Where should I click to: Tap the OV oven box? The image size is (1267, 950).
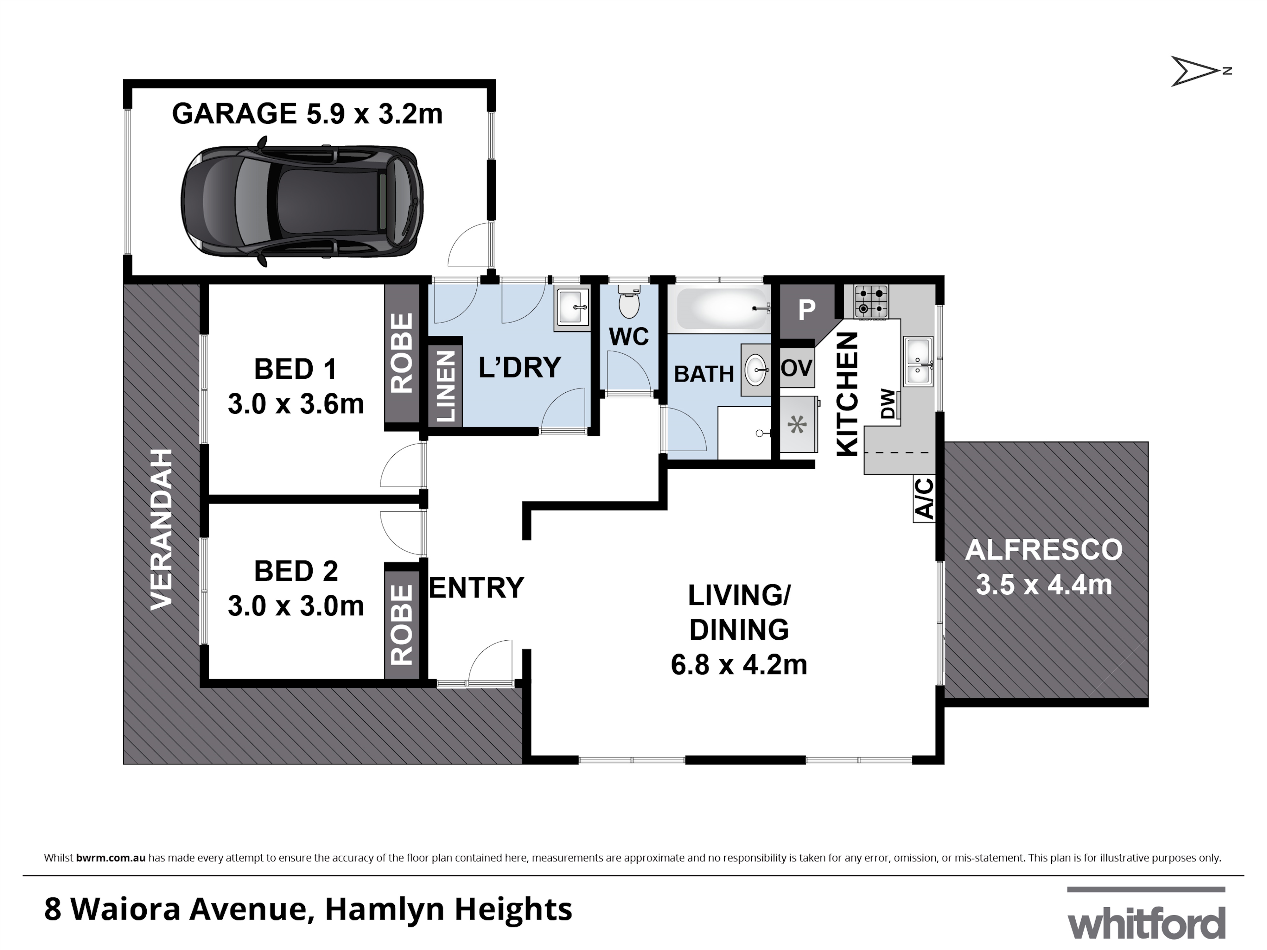click(797, 368)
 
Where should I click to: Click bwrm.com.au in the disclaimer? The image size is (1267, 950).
click(111, 858)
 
